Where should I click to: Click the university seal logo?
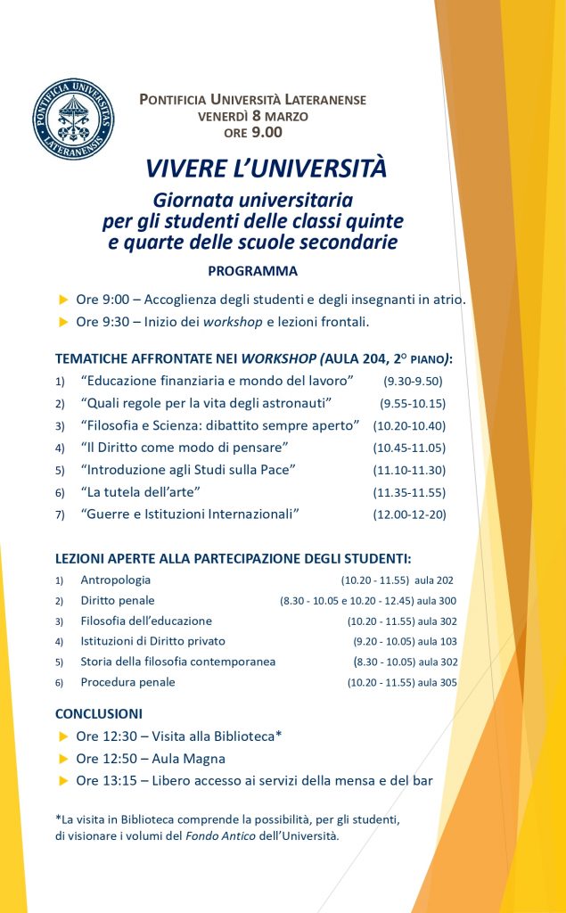click(74, 119)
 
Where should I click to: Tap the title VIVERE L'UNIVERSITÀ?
click(267, 169)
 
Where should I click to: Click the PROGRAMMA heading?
click(252, 271)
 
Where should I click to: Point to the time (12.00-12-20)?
click(410, 514)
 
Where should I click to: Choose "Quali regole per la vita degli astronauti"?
click(206, 403)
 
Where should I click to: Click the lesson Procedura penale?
click(127, 682)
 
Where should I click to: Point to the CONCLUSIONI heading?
click(99, 714)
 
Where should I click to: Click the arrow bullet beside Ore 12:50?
click(62, 759)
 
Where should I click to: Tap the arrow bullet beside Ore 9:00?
click(62, 299)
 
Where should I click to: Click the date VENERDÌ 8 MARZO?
click(253, 116)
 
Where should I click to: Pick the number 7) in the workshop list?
click(60, 515)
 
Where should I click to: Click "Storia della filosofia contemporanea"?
click(177, 662)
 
